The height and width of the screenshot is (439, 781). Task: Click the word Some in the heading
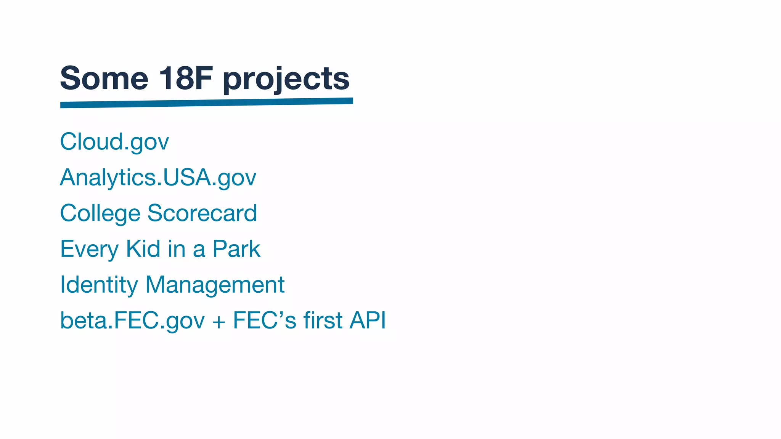tap(104, 79)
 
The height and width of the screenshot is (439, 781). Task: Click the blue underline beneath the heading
tap(206, 103)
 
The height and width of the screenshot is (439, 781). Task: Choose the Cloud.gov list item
tap(114, 142)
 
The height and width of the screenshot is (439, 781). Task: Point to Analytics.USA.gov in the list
tap(158, 178)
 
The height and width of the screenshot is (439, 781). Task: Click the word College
tap(100, 213)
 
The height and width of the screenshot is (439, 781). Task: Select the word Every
tap(90, 250)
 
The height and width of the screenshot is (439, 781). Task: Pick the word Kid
tap(143, 249)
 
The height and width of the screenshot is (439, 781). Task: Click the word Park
tap(236, 249)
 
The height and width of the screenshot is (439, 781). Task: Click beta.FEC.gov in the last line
tap(132, 320)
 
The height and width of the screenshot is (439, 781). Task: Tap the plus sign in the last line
tap(219, 321)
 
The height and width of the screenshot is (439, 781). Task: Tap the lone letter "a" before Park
tap(199, 250)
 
